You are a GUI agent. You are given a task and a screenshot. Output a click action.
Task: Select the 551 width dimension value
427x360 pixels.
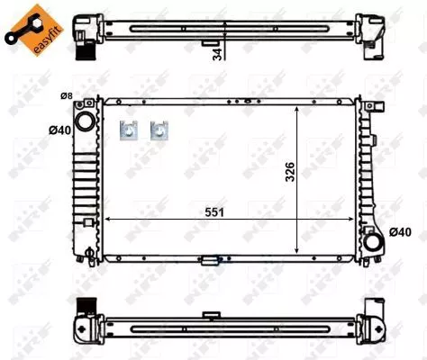point(213,211)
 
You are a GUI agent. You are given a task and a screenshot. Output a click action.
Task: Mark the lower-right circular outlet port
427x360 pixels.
point(372,240)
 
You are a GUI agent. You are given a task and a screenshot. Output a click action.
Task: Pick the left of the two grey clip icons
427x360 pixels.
point(129,130)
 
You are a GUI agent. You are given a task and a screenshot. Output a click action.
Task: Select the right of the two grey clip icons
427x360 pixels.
point(160,130)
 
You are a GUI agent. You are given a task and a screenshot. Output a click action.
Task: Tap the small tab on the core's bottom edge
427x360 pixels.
point(211,262)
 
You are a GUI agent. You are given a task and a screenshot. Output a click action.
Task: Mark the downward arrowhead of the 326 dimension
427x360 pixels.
point(299,248)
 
